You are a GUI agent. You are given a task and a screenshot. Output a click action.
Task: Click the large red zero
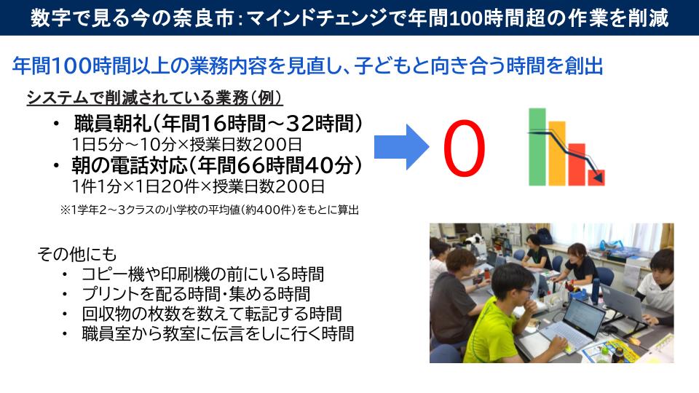pos(464,148)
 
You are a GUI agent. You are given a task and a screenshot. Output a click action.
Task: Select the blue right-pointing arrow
pos(401,147)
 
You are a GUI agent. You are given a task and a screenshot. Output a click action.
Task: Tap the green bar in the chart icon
pos(537,146)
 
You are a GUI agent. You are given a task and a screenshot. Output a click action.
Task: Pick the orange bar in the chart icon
pos(557,154)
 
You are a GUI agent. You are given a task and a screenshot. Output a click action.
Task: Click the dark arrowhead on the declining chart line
pos(599,178)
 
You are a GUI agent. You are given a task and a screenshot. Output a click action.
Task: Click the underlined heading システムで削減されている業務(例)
pos(154,98)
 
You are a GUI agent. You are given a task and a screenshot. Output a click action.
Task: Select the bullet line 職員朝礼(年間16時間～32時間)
pos(218,124)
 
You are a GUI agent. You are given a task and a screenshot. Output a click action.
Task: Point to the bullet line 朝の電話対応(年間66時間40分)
pos(217,165)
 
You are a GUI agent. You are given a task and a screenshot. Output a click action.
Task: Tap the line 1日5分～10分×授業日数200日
pos(187,144)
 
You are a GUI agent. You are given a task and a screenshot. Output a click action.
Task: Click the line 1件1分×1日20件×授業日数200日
pos(198,186)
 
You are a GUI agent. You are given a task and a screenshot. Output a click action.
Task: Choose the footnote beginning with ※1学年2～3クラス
pos(209,210)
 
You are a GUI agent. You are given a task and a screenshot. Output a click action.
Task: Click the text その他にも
pos(76,254)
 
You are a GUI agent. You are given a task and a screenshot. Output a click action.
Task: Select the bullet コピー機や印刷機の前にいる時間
pos(203,274)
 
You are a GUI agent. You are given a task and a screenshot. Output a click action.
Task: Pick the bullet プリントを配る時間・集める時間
pos(196,294)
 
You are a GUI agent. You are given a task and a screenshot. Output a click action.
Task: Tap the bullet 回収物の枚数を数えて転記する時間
pos(212,314)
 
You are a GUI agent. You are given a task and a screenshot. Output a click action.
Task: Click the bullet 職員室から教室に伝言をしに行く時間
pos(218,334)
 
